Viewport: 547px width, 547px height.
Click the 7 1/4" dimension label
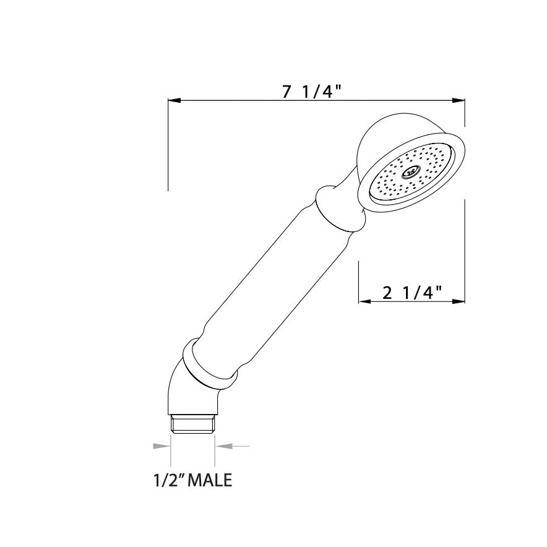(312, 92)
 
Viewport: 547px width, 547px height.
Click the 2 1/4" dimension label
(411, 293)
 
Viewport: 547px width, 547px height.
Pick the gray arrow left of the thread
(162, 445)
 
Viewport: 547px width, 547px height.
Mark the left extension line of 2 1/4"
(359, 282)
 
